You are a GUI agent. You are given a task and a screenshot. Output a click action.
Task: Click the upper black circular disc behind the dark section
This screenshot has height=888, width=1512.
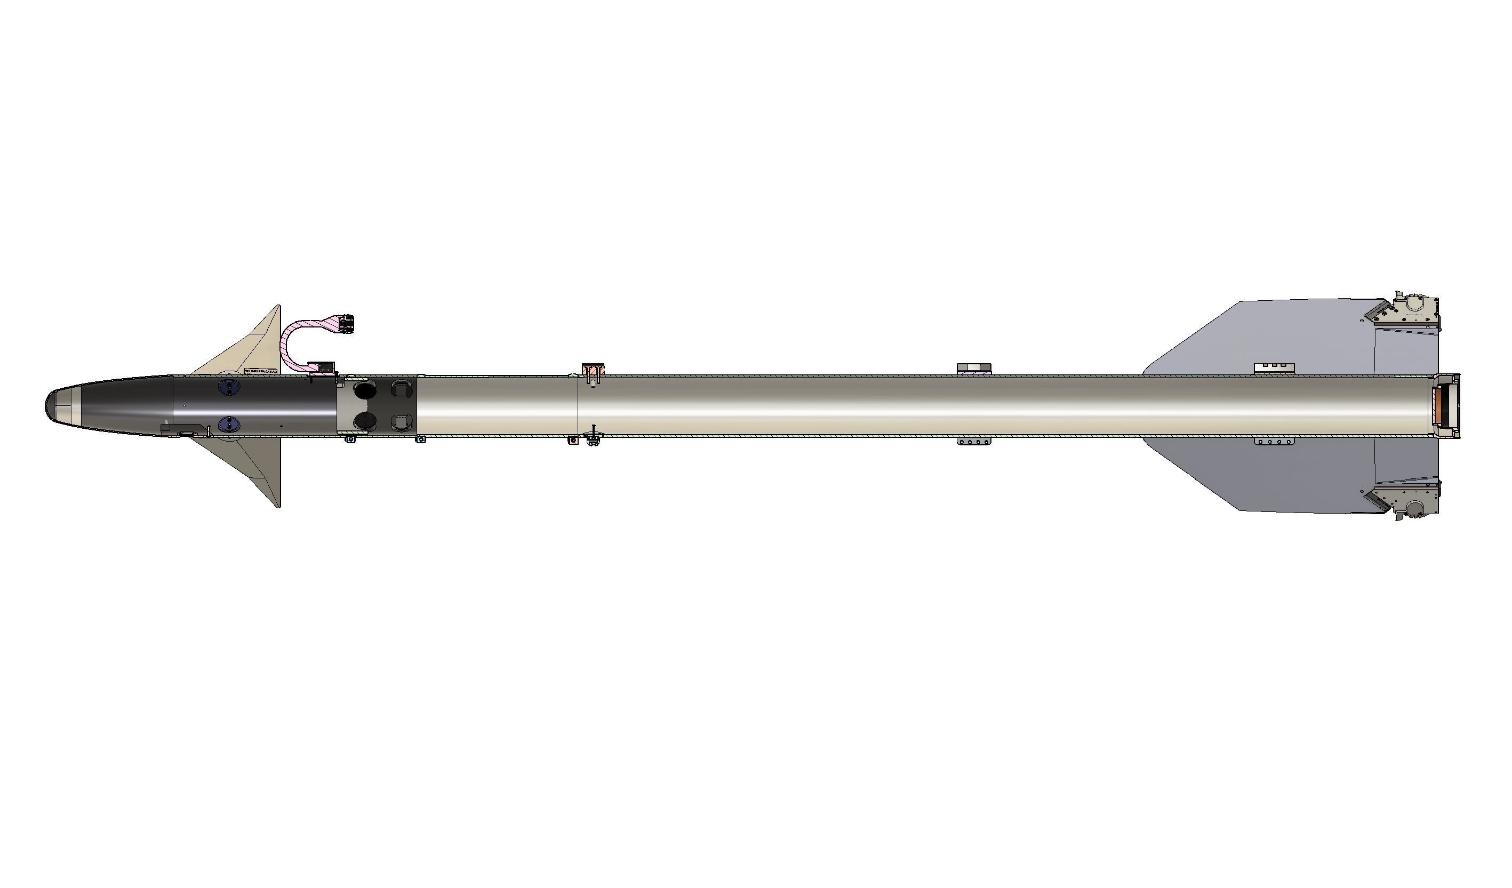pos(364,390)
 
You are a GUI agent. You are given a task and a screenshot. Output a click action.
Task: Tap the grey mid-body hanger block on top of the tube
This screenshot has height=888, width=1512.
pos(973,369)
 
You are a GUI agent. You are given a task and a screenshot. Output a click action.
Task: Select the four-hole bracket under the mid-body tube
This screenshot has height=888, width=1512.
pos(973,442)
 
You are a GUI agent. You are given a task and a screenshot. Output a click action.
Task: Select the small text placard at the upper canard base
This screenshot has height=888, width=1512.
pos(261,372)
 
